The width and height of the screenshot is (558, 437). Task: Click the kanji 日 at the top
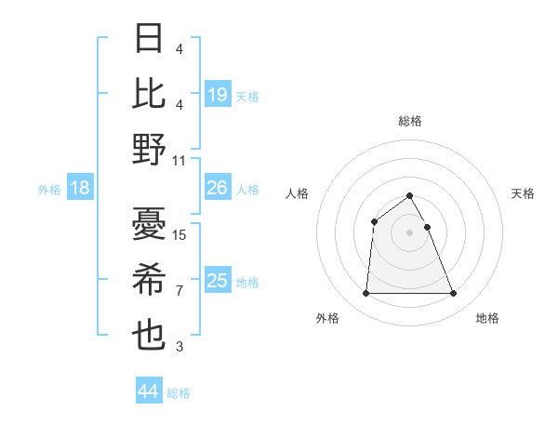coord(149,39)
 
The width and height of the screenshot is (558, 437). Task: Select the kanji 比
coord(149,93)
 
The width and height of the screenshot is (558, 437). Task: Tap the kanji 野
coord(149,149)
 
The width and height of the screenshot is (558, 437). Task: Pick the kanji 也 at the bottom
coord(149,335)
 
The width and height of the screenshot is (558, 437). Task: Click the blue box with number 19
coord(218,94)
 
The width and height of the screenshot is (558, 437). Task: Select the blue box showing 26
coord(218,189)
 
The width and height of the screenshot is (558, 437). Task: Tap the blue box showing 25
coord(218,281)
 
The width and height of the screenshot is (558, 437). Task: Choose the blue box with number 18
coord(80,189)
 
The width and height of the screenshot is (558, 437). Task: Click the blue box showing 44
coord(148,391)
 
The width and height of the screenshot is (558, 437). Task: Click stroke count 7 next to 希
coord(179,291)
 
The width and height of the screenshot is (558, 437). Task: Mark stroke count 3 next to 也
coord(179,348)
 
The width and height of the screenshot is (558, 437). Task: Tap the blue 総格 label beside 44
coord(179,393)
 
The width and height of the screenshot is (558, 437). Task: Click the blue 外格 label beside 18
coord(48,190)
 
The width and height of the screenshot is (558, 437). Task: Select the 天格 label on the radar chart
coord(523,193)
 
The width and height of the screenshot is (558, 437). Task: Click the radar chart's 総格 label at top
coord(409,121)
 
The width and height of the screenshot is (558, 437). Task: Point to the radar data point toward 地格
coord(453,294)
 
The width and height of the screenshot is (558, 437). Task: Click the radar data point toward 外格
coord(365,294)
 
